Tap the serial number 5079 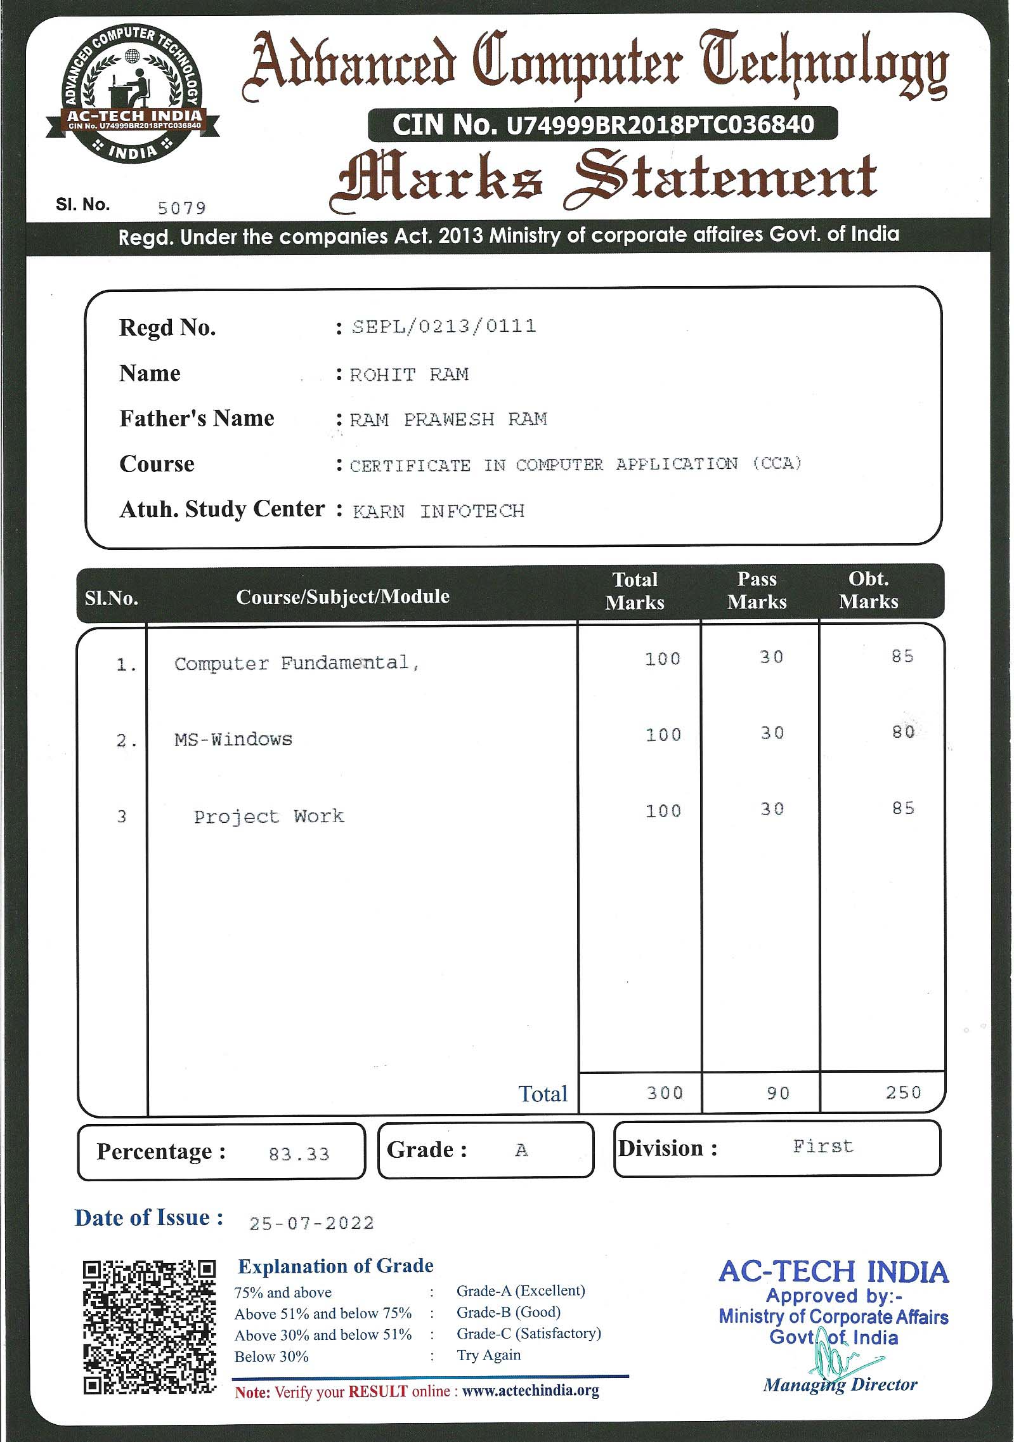coord(181,207)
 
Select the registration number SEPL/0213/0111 coord(444,326)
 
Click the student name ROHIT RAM coord(409,374)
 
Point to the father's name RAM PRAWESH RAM coord(448,419)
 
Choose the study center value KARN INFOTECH coord(439,511)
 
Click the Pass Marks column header coord(757,591)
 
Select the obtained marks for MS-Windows coord(902,732)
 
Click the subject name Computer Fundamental coord(296,664)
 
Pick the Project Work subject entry coord(268,816)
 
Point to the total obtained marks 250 coord(903,1092)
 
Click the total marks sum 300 coord(665,1092)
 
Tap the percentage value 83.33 coord(299,1154)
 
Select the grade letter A coord(521,1150)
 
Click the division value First coord(822,1146)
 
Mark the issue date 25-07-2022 coord(311,1223)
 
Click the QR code coord(149,1327)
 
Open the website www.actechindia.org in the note coord(530,1391)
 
